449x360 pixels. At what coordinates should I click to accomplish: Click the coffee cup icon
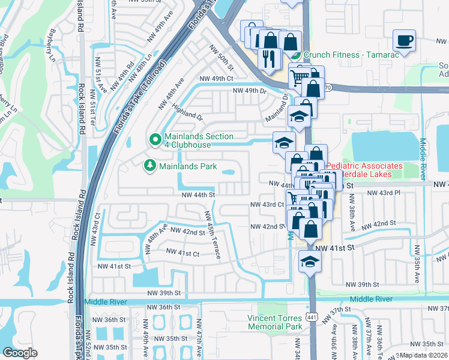click(x=404, y=41)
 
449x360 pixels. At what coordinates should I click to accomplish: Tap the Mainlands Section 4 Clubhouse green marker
click(x=155, y=140)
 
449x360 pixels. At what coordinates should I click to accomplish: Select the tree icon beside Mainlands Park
click(x=148, y=164)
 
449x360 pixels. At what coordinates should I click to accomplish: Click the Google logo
click(x=20, y=353)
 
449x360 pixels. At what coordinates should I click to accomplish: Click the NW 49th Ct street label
click(x=215, y=79)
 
